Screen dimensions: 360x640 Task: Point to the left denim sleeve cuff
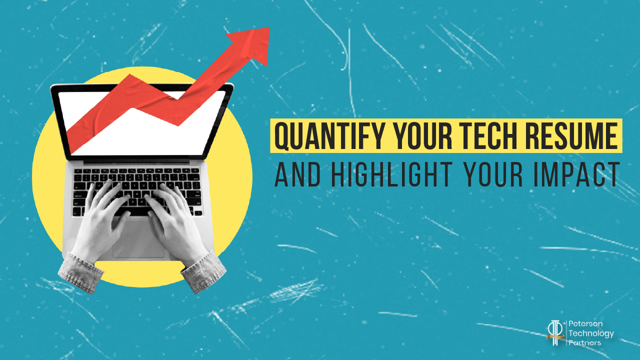[x=80, y=272]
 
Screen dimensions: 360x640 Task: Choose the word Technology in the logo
[x=591, y=333]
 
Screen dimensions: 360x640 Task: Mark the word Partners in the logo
[x=585, y=342]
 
